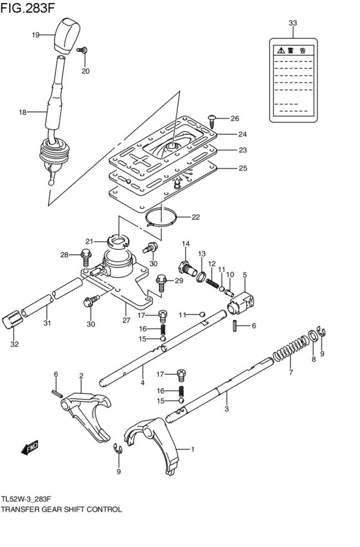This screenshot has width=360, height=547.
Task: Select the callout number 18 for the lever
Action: click(22, 112)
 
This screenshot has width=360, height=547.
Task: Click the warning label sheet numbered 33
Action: click(292, 79)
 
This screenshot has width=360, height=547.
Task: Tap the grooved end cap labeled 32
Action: click(12, 319)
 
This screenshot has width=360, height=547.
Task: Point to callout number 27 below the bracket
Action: click(127, 320)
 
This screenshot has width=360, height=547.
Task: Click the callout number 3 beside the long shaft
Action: click(226, 408)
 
